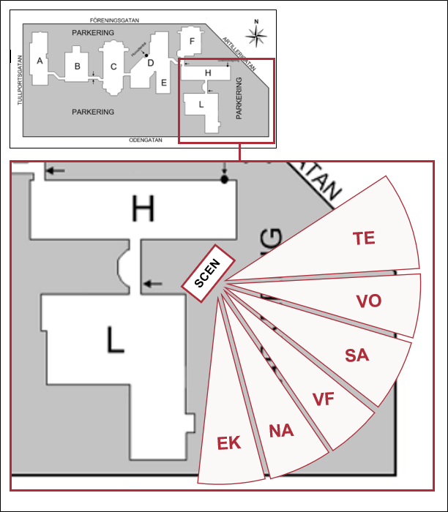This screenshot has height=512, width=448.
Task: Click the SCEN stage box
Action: click(x=207, y=271)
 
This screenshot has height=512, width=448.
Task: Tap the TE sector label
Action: click(x=364, y=238)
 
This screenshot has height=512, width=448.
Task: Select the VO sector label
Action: click(x=368, y=301)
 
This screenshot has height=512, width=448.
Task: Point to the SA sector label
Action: click(x=357, y=355)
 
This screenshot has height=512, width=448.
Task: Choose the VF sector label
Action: click(x=323, y=399)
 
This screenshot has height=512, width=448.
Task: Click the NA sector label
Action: click(x=281, y=430)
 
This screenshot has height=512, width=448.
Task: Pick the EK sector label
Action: click(x=229, y=443)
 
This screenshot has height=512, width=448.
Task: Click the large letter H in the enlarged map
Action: click(x=143, y=210)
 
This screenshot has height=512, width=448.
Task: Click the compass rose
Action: click(x=257, y=34)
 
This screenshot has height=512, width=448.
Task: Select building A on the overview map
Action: click(x=40, y=61)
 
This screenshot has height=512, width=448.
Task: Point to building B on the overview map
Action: click(x=76, y=67)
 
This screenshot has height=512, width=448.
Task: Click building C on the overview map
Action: click(x=113, y=67)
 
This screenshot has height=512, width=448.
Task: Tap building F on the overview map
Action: click(x=192, y=41)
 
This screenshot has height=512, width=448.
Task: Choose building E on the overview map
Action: click(x=164, y=83)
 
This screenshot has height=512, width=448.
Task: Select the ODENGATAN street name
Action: click(x=143, y=138)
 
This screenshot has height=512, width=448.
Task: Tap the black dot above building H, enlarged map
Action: click(x=224, y=178)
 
